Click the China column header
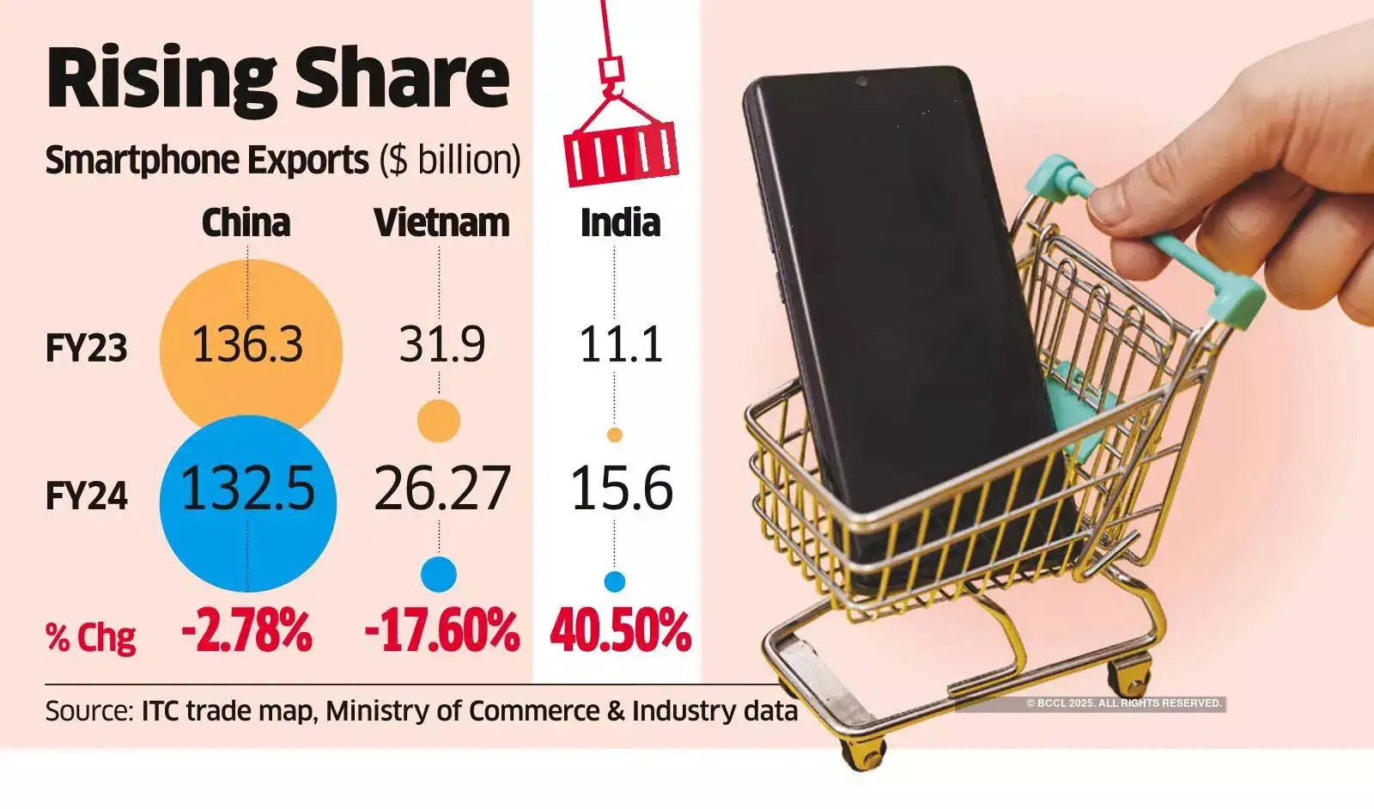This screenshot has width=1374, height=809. [x=246, y=223]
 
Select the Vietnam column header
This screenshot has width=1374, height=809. [x=441, y=223]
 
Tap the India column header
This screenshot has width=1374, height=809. [x=620, y=223]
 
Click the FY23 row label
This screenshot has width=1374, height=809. [x=86, y=349]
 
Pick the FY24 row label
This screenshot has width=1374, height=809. [x=86, y=496]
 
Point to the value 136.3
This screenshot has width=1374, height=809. [x=247, y=345]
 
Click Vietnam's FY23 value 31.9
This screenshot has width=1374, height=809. [x=441, y=345]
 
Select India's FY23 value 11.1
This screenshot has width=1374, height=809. [x=620, y=345]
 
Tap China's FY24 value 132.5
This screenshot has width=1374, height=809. [x=247, y=490]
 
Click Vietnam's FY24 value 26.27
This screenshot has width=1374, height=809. [x=441, y=490]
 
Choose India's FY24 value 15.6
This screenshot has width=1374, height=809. [x=621, y=490]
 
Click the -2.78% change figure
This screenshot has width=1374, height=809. [x=246, y=631]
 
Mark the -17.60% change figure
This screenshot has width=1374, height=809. [x=441, y=631]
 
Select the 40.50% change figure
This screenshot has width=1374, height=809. [x=620, y=631]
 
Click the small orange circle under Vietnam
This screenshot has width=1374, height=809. [x=439, y=421]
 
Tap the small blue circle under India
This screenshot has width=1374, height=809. [x=614, y=581]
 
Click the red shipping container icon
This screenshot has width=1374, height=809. [x=620, y=153]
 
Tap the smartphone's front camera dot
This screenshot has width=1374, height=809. [x=860, y=82]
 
